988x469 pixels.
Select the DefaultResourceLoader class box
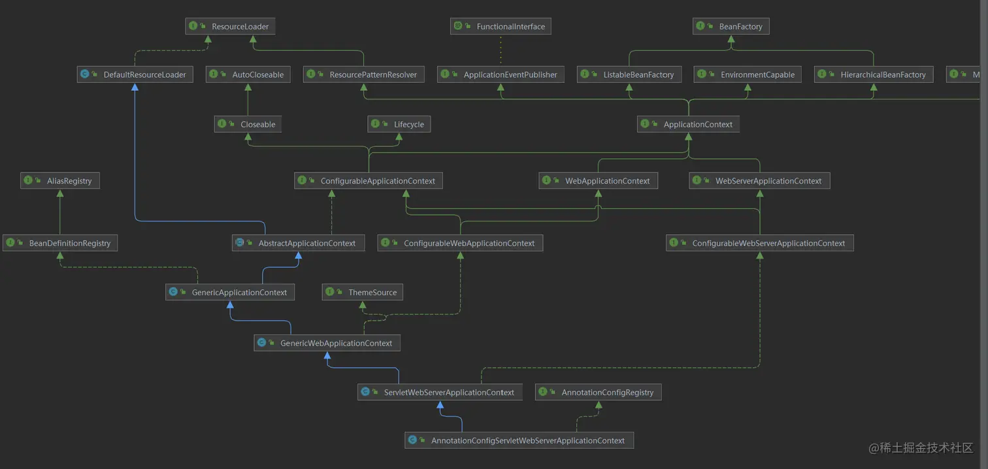click(x=135, y=74)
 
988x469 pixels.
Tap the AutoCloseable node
click(x=248, y=74)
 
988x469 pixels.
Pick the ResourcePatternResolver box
click(x=364, y=74)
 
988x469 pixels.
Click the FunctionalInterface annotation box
click(x=501, y=27)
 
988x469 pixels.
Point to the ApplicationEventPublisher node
click(x=501, y=74)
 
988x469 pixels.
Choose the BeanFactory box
click(x=731, y=27)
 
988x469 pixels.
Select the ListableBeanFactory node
click(x=629, y=74)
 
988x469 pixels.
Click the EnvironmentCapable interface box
click(x=748, y=74)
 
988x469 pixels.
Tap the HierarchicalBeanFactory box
click(x=874, y=74)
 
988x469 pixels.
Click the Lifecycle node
click(x=399, y=124)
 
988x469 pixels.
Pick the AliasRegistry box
click(x=60, y=181)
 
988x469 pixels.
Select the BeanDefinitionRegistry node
click(x=60, y=243)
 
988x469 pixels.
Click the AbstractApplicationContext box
click(x=297, y=243)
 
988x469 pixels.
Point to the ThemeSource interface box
click(x=363, y=293)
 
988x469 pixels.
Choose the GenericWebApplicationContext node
click(x=327, y=343)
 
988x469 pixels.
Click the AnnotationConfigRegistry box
click(x=599, y=393)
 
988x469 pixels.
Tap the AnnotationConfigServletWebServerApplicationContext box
click(x=519, y=440)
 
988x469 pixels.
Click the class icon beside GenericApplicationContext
click(x=173, y=292)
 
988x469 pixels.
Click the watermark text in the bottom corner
click(x=921, y=447)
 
